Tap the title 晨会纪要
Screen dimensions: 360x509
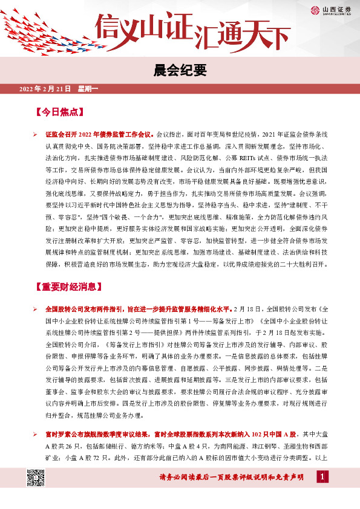pyautogui.click(x=180, y=70)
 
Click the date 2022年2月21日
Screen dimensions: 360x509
pyautogui.click(x=45, y=89)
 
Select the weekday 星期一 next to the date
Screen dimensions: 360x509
pyautogui.click(x=88, y=89)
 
